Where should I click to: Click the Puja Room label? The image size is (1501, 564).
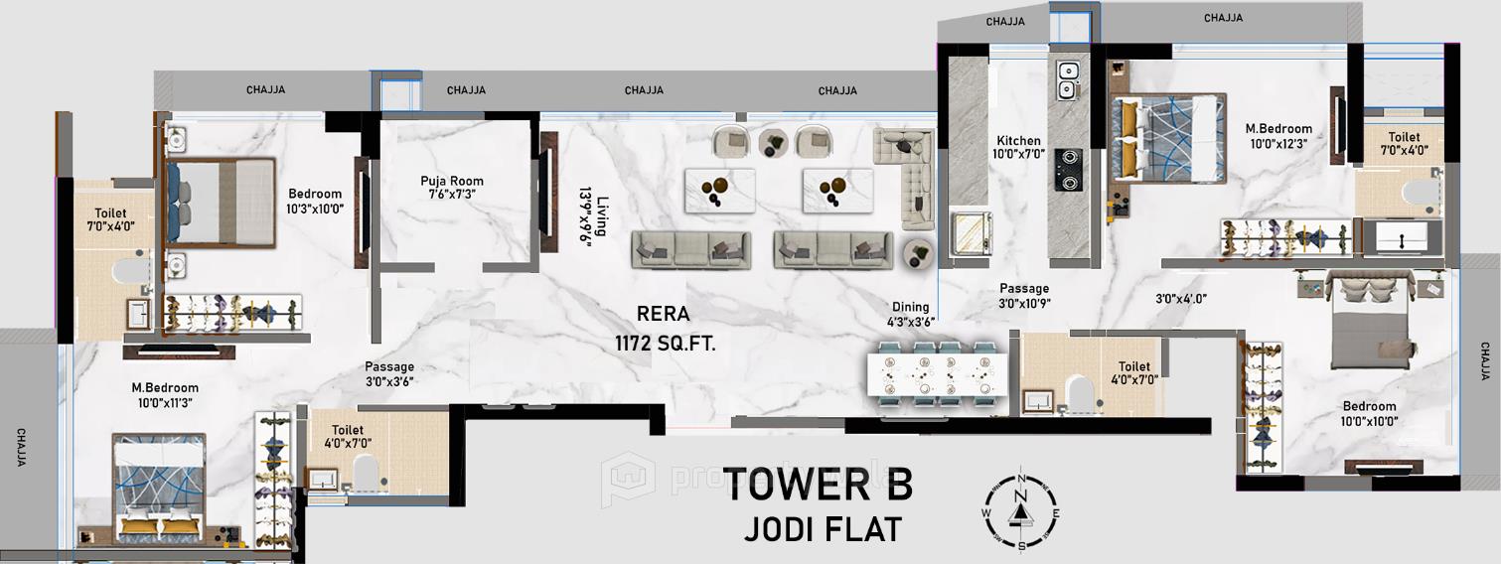click(x=452, y=188)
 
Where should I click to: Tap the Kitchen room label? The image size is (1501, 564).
click(x=1019, y=148)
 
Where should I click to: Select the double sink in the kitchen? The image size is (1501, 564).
click(x=1068, y=79)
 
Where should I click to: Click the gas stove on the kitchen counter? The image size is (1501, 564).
click(x=1068, y=169)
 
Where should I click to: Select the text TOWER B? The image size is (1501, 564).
click(x=817, y=486)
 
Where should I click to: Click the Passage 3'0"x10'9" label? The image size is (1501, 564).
click(x=1025, y=296)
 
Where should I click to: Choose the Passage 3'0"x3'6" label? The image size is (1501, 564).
click(x=389, y=373)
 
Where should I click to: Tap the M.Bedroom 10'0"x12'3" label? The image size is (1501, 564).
click(x=1278, y=136)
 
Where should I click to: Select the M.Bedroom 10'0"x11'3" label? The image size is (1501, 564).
click(x=165, y=395)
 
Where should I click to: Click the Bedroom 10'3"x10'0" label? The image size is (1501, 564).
click(x=315, y=202)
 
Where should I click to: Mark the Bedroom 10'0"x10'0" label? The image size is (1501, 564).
click(x=1369, y=413)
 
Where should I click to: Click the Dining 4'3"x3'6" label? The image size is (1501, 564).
click(x=909, y=315)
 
